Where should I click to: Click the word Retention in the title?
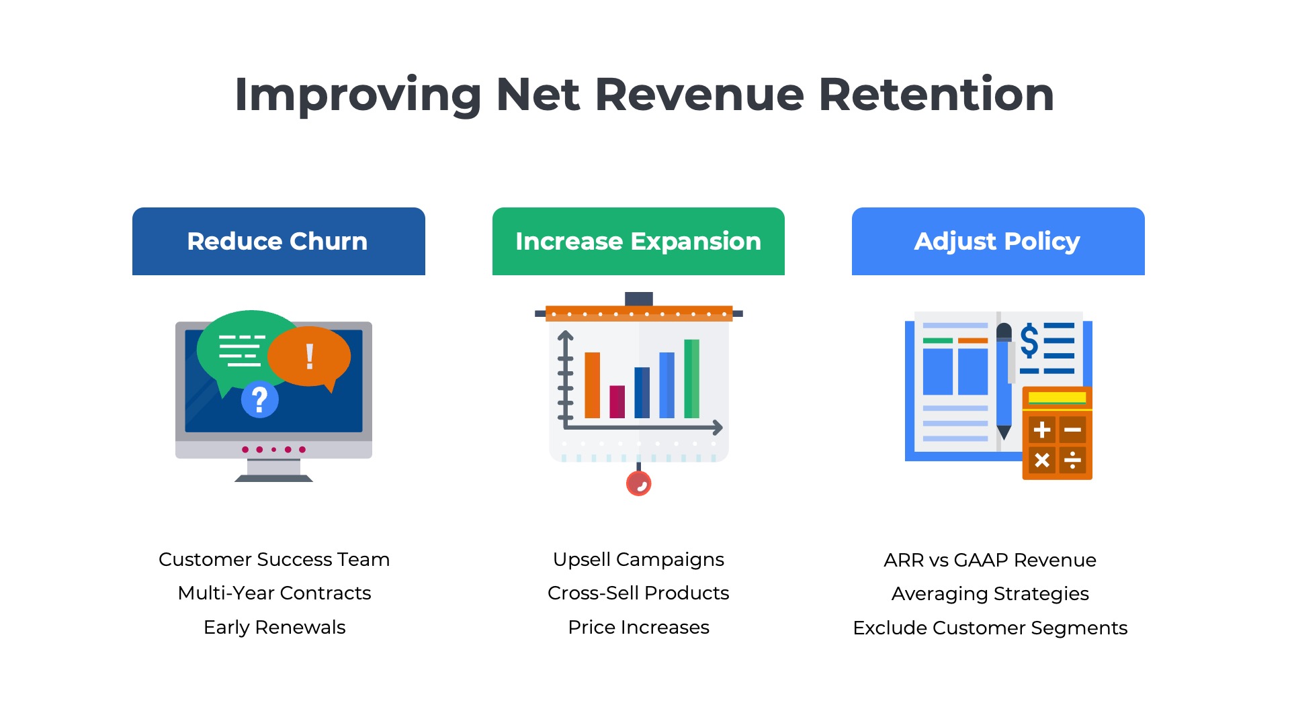[x=936, y=94]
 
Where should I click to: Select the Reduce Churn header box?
[x=278, y=241]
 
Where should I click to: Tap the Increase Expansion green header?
[x=638, y=241]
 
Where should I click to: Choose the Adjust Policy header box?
[x=998, y=241]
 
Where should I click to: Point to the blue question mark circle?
[x=259, y=399]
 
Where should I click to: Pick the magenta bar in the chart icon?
[x=617, y=401]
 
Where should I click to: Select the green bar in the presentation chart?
[x=691, y=379]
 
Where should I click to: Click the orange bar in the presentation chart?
[x=592, y=385]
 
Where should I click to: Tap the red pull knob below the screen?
[x=638, y=483]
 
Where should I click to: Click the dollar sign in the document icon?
[x=1029, y=340]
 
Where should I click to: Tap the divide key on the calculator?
[x=1073, y=460]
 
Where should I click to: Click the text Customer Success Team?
[x=274, y=559]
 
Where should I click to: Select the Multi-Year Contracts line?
[x=274, y=593]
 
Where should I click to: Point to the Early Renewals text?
[x=274, y=627]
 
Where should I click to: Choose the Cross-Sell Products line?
[x=638, y=593]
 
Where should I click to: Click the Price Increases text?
[x=638, y=627]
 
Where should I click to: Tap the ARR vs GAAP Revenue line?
[x=990, y=560]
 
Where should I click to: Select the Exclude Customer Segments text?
[x=990, y=628]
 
